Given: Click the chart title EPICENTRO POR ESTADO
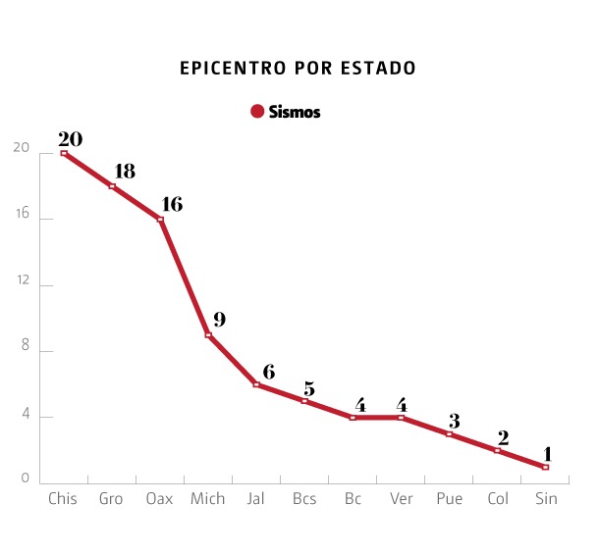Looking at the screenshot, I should point(299,69).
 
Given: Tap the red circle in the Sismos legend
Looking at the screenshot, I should point(257,112).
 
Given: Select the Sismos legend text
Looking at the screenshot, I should point(294,112).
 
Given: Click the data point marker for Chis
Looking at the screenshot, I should point(64,153).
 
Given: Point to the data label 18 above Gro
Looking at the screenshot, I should point(124,171).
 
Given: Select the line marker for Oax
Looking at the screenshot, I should point(160,219).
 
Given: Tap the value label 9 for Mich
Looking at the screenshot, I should point(219,320).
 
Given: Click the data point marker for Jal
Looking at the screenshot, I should point(256,384).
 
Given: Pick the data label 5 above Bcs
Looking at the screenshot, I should point(308,388).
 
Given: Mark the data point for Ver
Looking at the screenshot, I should point(401,418).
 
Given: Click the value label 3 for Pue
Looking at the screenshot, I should point(454,421).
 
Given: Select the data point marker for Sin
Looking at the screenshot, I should point(545,467).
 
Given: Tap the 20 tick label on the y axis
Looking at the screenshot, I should point(20,148).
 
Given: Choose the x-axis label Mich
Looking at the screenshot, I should point(207,499).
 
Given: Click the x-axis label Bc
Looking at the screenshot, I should point(353,499).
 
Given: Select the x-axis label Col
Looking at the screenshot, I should point(498,499).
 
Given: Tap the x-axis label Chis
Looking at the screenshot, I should point(63,499).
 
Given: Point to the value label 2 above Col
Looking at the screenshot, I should point(502,437).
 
